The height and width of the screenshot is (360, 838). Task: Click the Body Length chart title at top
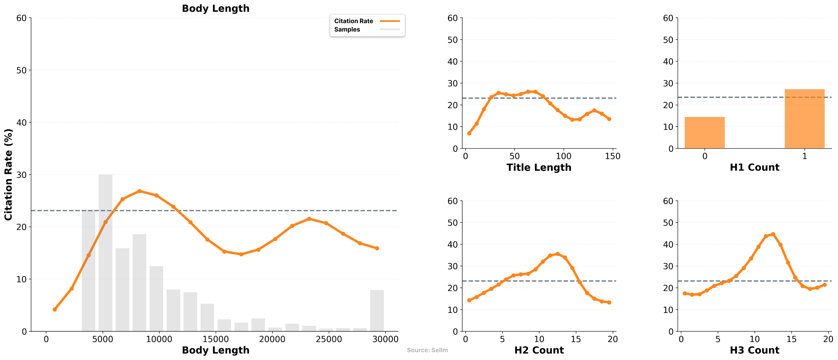click(x=215, y=8)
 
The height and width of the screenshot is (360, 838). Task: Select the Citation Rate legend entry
click(x=354, y=21)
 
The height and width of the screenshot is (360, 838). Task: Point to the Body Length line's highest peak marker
click(x=140, y=191)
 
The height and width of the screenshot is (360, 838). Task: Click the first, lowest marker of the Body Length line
click(x=55, y=310)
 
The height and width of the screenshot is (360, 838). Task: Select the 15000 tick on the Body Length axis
click(x=215, y=339)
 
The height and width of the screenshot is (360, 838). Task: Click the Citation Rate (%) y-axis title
click(x=8, y=175)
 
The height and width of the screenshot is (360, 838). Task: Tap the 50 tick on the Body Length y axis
click(x=21, y=70)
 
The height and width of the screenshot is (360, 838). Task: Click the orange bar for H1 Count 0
click(x=705, y=133)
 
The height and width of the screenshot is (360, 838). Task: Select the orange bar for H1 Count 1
click(x=804, y=119)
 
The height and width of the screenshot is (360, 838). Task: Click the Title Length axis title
click(x=539, y=167)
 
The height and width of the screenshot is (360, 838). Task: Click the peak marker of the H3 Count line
click(x=773, y=234)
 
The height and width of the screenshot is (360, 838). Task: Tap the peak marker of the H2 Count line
click(x=558, y=254)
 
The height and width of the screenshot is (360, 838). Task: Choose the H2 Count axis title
click(x=539, y=350)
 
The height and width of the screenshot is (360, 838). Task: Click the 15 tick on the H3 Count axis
click(x=791, y=339)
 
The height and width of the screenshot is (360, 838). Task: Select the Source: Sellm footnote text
click(x=427, y=350)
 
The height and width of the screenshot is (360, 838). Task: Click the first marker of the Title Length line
click(x=469, y=134)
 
